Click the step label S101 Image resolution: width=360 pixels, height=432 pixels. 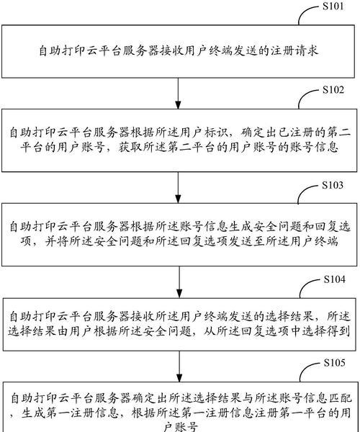click(333, 6)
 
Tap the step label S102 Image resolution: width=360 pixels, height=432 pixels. click(333, 90)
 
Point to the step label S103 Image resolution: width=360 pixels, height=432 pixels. click(333, 185)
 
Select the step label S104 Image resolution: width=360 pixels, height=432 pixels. click(334, 279)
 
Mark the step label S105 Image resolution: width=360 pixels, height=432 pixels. click(334, 363)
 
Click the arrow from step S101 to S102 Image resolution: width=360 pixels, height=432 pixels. click(179, 93)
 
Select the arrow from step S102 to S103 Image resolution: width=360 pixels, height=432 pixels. click(179, 188)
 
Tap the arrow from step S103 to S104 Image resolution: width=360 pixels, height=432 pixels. click(179, 282)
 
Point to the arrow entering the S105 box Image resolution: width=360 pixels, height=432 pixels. click(179, 366)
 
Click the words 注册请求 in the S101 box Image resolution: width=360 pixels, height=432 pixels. click(294, 51)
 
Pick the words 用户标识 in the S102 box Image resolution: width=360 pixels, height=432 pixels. click(204, 132)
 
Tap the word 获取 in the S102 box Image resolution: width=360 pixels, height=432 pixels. click(131, 148)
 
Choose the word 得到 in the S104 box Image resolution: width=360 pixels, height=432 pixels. click(338, 331)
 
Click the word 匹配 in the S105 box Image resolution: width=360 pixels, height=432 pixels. click(341, 398)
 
